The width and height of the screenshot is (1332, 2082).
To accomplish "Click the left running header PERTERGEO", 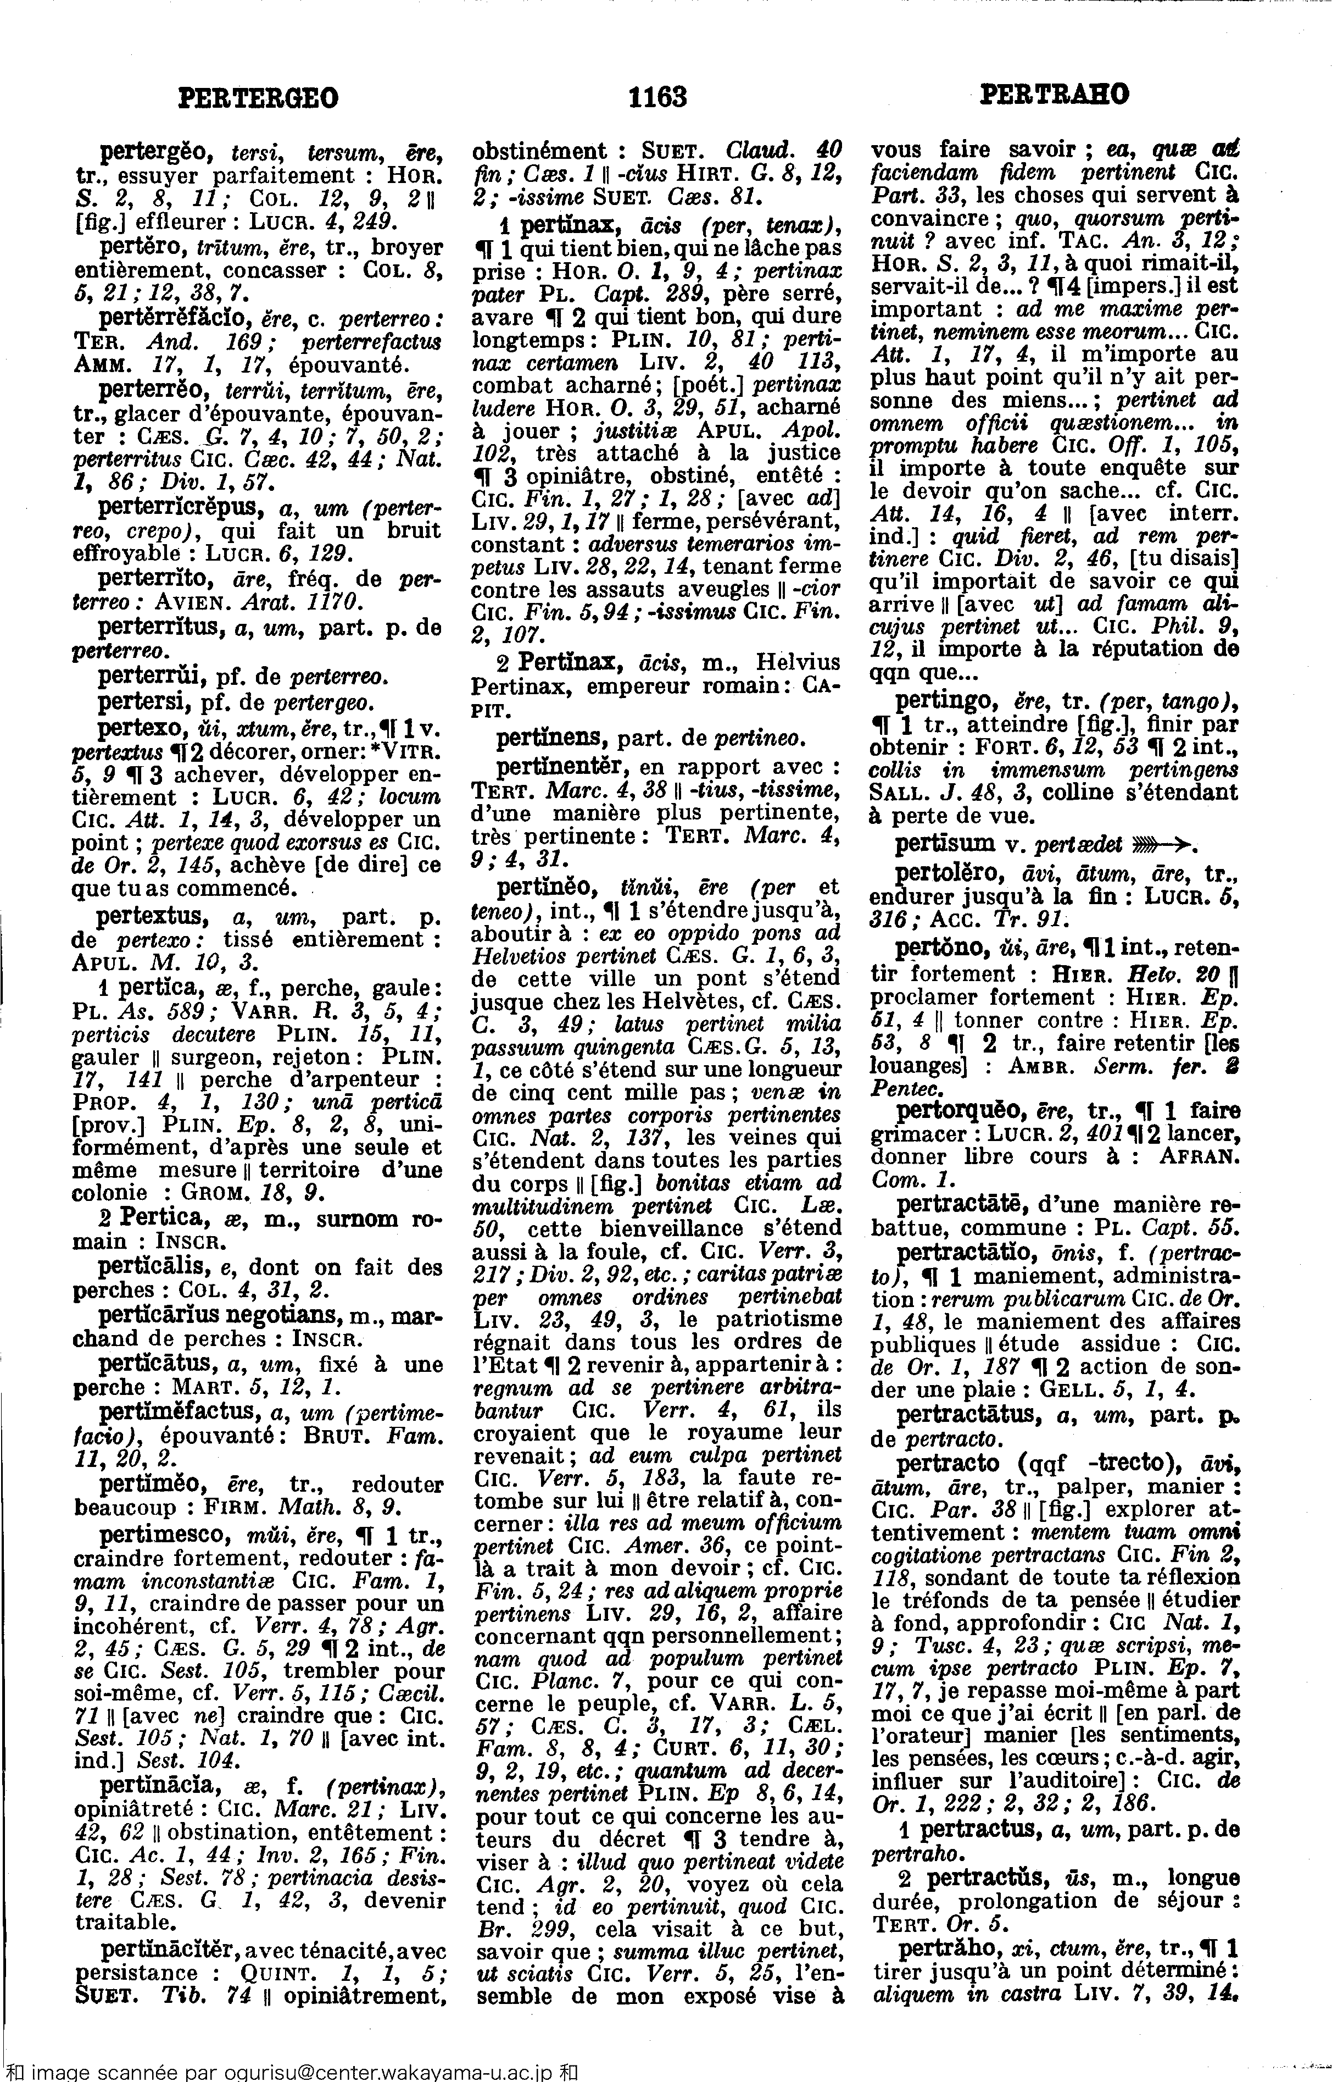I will [x=258, y=97].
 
